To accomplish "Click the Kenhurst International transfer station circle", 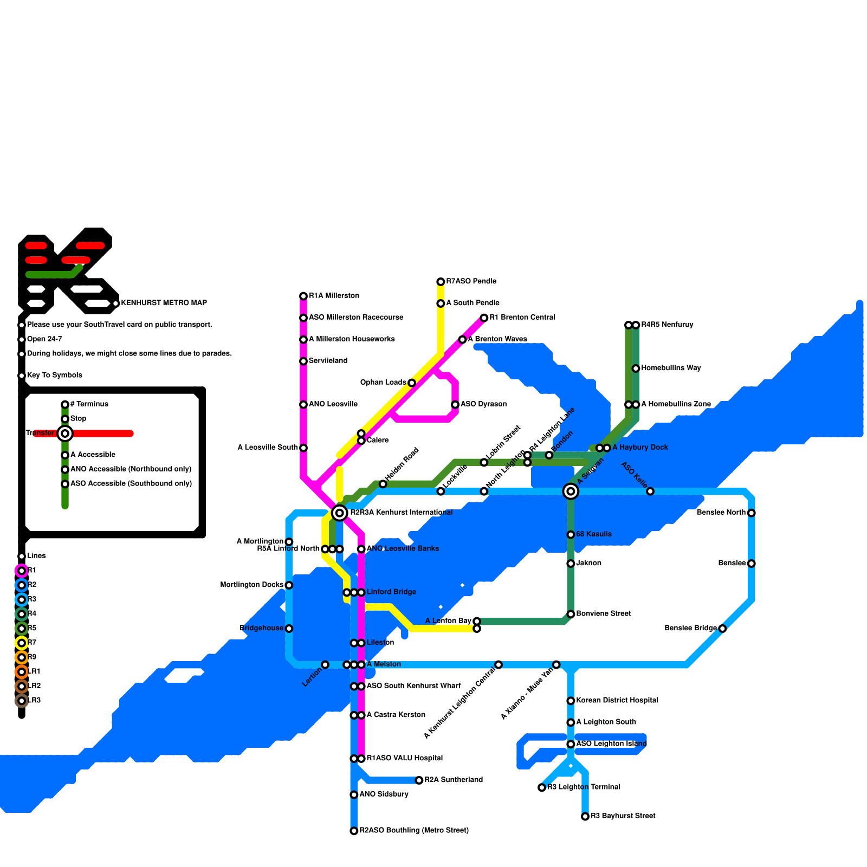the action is (x=339, y=513).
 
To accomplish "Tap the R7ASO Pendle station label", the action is (x=471, y=281).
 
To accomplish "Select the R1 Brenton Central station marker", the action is (x=484, y=318).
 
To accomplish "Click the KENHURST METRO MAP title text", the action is (x=164, y=303).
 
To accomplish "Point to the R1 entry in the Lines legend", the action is (x=31, y=570).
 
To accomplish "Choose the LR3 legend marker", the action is (x=22, y=701).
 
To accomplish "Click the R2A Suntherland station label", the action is (x=454, y=780).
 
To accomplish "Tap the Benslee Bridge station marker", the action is (x=722, y=629).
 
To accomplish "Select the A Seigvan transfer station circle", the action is (x=571, y=491).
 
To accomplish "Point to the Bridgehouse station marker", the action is (x=289, y=629).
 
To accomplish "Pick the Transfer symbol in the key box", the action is (x=65, y=433).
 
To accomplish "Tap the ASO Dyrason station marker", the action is (x=455, y=404).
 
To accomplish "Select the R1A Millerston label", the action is (x=334, y=296).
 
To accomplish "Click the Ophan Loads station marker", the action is (x=412, y=383).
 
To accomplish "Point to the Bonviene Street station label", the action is (x=603, y=613).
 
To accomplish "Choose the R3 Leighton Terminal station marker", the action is (x=542, y=787).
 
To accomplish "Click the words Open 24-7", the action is (x=44, y=339).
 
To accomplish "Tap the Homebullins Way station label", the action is (x=671, y=368).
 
